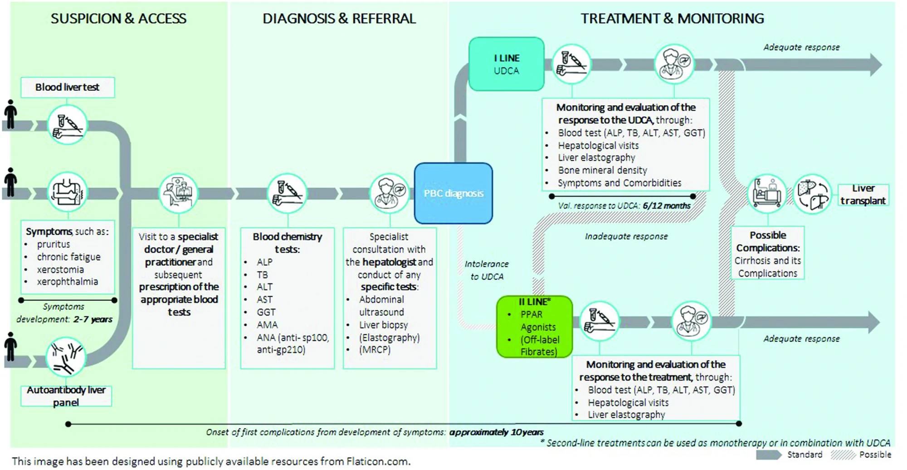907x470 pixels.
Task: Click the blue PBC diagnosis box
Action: point(453,193)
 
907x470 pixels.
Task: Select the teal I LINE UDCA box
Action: point(507,64)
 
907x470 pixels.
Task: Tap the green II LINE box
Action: point(535,327)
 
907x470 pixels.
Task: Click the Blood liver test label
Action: point(68,87)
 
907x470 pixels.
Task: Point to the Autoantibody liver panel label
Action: point(66,396)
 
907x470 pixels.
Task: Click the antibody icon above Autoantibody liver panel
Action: point(66,357)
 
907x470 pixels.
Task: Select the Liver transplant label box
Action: point(863,195)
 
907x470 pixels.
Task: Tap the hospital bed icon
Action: point(767,194)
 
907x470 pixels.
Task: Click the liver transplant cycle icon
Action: point(812,194)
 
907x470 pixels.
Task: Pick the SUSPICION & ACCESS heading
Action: point(118,19)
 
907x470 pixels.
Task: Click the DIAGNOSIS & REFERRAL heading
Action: point(339,19)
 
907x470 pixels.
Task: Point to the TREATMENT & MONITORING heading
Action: point(673,19)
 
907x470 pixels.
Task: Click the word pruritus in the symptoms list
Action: point(54,244)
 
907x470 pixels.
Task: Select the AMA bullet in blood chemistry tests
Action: point(267,325)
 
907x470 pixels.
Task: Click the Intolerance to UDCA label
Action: point(487,270)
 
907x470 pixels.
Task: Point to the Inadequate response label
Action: point(626,236)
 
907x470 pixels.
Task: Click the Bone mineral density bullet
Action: point(603,170)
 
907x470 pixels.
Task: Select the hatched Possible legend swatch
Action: point(843,455)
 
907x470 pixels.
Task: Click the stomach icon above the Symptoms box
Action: point(67,192)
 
